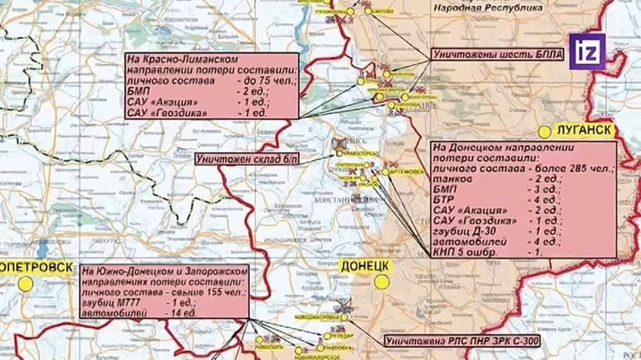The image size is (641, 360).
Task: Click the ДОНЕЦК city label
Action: click(363, 265)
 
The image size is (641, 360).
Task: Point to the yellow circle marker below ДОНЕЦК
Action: click(383, 281)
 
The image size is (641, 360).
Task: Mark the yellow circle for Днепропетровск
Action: click(26, 283)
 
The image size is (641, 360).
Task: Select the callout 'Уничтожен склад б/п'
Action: click(247, 158)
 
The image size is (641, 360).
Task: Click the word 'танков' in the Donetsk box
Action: click(451, 179)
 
